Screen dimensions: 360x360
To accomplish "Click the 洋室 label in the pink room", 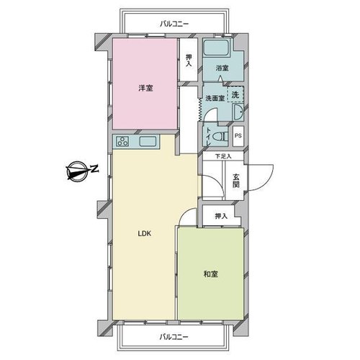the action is (145, 89).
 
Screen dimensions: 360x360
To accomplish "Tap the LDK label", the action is (145, 233).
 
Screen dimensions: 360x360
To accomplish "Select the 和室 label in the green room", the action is (211, 274).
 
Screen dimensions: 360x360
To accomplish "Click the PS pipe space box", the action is (238, 136).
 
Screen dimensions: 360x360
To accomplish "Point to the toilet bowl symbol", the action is (221, 137).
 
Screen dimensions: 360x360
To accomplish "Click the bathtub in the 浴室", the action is (216, 48).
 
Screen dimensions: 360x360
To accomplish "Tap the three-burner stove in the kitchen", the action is (122, 141).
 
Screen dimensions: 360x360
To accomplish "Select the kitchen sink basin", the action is (148, 141).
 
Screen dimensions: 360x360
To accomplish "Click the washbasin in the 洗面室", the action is (238, 112).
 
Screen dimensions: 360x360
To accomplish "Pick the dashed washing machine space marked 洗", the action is (235, 94).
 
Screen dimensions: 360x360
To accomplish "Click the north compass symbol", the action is (77, 171).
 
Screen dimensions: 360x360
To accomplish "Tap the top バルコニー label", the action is (174, 24).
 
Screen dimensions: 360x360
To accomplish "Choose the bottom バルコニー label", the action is (174, 337).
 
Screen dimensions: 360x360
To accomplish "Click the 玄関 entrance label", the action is (236, 181).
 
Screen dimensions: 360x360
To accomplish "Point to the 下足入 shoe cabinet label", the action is (223, 156).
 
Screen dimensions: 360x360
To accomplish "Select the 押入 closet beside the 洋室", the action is (189, 60).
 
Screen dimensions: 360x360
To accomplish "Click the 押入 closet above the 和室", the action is (221, 215).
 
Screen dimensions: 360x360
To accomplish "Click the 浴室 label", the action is (222, 68).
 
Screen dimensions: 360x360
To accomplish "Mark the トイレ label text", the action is (208, 137).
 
